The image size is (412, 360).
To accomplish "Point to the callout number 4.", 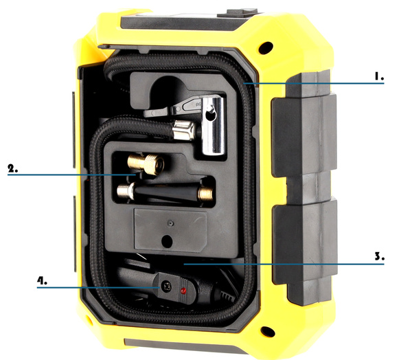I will coord(43,280).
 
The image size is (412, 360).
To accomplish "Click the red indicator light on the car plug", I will coord(183,291).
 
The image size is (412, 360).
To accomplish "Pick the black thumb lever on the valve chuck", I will coord(184,106).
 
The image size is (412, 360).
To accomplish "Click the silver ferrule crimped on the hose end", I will coord(183,128).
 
